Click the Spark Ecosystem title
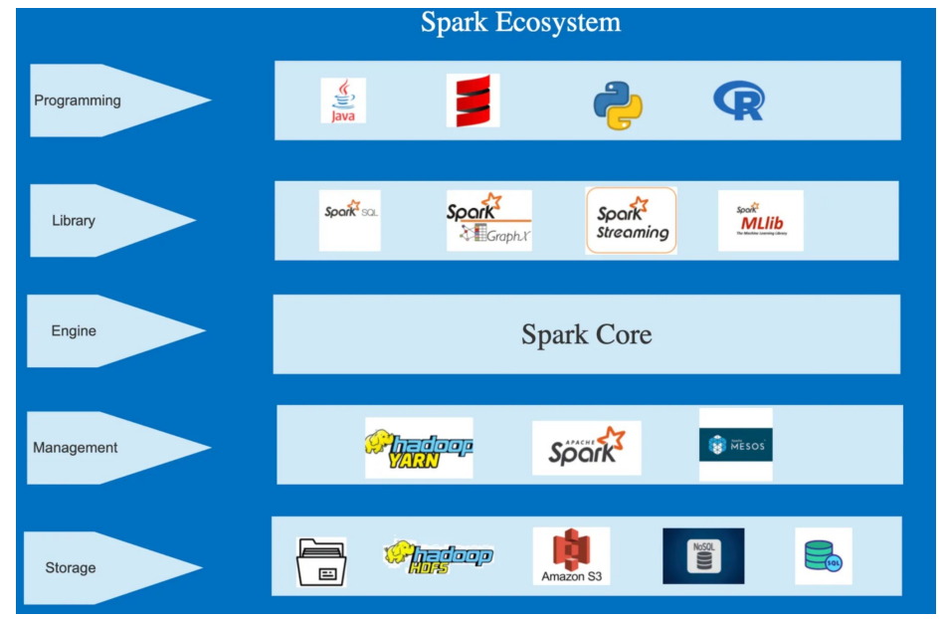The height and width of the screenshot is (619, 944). coord(520,22)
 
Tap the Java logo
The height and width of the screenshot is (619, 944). coord(343,101)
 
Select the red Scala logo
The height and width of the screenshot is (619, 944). coord(472,101)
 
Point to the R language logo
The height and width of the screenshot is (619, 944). coord(739,101)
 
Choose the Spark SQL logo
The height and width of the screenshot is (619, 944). coord(350,220)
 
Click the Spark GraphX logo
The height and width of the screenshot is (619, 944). coord(488,221)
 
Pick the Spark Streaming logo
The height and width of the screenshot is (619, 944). coord(632,221)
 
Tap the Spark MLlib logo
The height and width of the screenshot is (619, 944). coord(761,220)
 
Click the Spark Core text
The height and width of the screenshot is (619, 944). coord(586,334)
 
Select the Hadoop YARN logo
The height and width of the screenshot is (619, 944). coord(419,448)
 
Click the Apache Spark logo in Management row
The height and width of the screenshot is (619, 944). coord(587,448)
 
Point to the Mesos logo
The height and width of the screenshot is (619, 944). coord(736,445)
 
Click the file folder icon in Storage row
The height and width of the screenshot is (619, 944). coord(322,562)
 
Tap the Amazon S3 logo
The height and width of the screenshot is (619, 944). coord(571,556)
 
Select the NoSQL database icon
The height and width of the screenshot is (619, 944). coord(703,556)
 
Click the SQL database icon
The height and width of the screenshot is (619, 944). coord(824,556)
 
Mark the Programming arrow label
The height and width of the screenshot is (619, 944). coord(78,101)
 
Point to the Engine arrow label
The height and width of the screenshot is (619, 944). coord(74,331)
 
